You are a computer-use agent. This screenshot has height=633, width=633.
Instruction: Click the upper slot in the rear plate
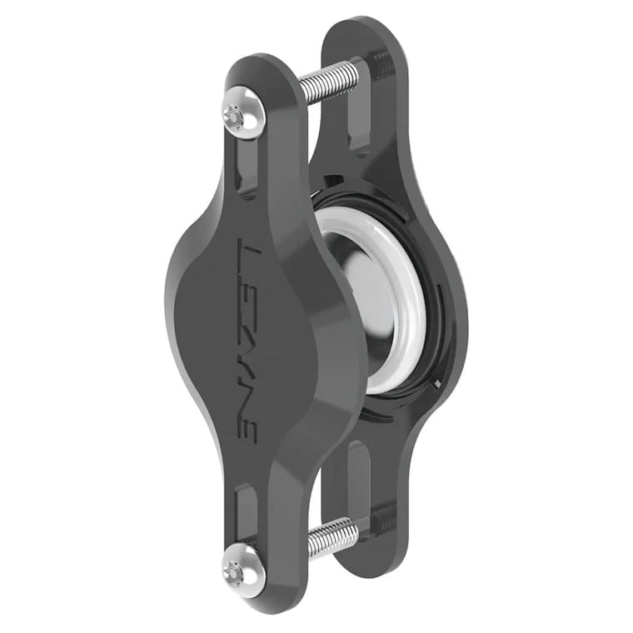coord(360,125)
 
